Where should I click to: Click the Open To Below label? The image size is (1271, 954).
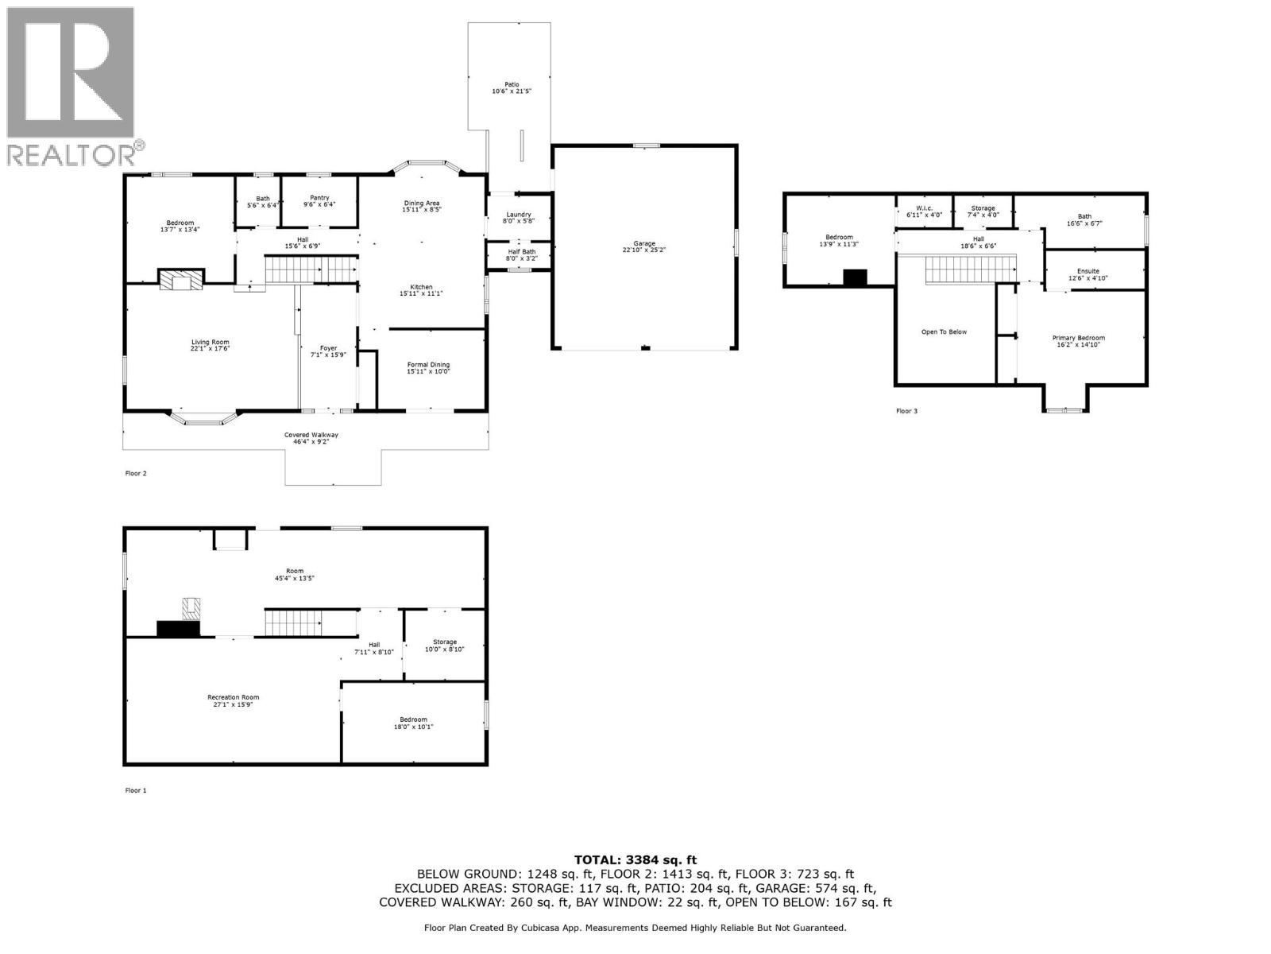[944, 332]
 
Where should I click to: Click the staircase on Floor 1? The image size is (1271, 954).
[293, 622]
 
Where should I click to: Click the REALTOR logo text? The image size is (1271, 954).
[76, 154]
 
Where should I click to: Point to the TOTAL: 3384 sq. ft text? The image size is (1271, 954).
[635, 859]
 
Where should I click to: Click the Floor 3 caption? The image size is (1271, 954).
[906, 411]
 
